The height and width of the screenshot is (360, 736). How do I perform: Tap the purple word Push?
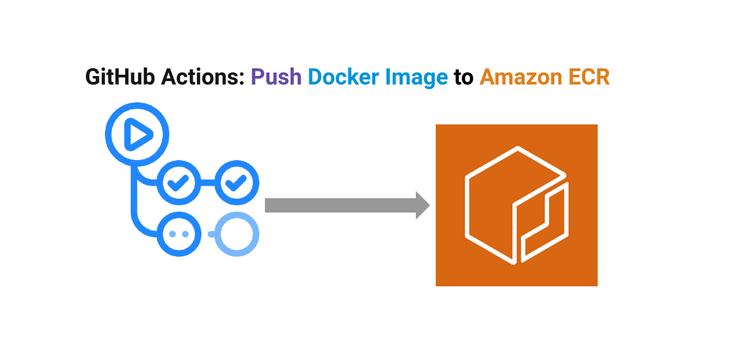point(277,78)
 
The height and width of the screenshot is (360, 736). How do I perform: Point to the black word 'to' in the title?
point(464,78)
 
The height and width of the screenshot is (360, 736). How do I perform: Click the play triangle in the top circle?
point(137,134)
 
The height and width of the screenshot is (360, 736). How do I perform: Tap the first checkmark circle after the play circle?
point(177,182)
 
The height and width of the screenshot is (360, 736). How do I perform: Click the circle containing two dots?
point(177,234)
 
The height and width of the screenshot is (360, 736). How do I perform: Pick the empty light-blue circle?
point(238,234)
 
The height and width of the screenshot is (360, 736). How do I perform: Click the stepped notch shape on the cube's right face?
point(543,218)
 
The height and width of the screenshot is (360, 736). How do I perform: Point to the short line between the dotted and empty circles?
point(211,234)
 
